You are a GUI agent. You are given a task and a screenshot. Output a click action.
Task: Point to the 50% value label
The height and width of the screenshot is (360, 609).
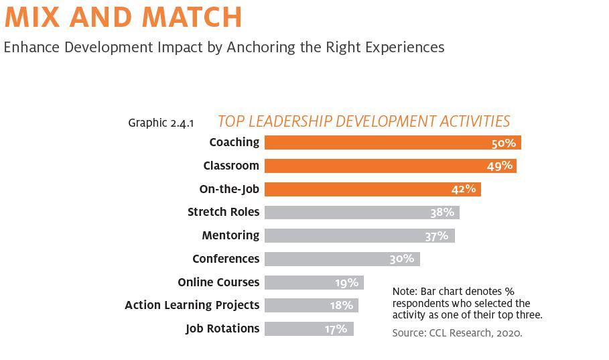click(503, 143)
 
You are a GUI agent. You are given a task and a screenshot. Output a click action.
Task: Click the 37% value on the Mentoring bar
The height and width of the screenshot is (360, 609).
click(436, 236)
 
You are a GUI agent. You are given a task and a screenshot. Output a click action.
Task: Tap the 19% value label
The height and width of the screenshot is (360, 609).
click(347, 282)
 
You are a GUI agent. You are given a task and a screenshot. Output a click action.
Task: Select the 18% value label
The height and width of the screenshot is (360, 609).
click(341, 306)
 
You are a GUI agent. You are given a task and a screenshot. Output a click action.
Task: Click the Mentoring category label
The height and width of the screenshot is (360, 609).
click(230, 235)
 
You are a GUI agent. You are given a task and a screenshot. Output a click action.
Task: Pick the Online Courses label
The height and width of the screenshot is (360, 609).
click(218, 282)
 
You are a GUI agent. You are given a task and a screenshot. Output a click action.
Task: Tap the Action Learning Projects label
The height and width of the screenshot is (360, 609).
click(192, 305)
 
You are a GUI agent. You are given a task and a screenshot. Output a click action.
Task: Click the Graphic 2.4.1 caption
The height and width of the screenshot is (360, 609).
click(161, 123)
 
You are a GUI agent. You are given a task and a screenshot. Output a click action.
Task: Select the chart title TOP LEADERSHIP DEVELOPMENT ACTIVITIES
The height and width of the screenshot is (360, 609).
click(364, 121)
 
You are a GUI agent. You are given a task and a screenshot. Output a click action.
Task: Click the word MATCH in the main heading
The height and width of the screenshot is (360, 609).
click(189, 17)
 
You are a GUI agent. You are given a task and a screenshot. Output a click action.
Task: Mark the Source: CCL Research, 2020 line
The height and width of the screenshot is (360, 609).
click(457, 333)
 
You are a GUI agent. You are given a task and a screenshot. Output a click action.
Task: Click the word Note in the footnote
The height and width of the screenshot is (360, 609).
click(404, 292)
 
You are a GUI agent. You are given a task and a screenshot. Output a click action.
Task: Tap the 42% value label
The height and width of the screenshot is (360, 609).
click(464, 189)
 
